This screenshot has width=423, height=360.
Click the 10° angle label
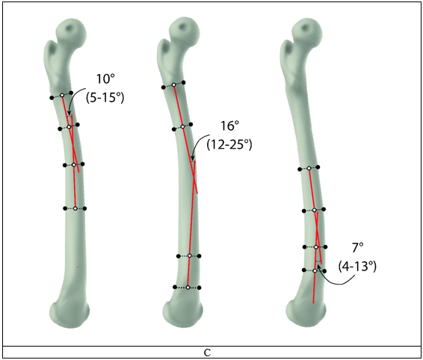(x=105, y=79)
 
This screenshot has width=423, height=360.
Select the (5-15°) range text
(x=105, y=97)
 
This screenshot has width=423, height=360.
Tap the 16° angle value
(x=230, y=126)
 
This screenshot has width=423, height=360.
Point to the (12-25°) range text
(x=229, y=144)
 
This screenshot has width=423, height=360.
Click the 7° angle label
(x=358, y=247)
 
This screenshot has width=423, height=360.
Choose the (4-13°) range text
(x=357, y=266)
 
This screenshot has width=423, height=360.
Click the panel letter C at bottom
(x=207, y=353)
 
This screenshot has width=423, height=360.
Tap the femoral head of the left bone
(x=71, y=32)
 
